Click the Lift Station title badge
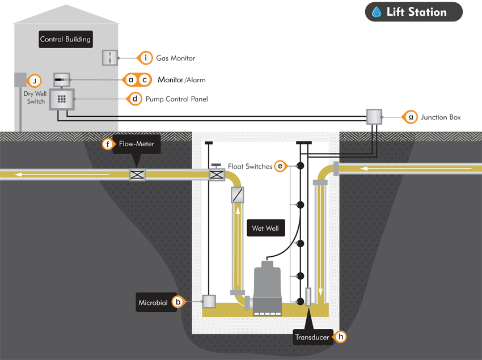pos(413,12)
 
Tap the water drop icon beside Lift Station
pos(377,12)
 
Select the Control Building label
pos(65,40)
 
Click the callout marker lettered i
pos(146,58)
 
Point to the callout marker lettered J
pos(35,80)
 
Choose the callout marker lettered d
pos(135,98)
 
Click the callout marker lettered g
pos(411,117)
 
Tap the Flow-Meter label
pos(136,144)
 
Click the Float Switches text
pos(250,166)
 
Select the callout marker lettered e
pos(280,166)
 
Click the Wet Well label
pos(267,229)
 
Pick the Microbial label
pos(153,303)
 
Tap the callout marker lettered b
pos(178,303)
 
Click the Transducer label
pos(312,337)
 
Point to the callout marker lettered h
pos(340,337)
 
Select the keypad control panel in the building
pos(62,99)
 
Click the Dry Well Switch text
pos(36,98)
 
